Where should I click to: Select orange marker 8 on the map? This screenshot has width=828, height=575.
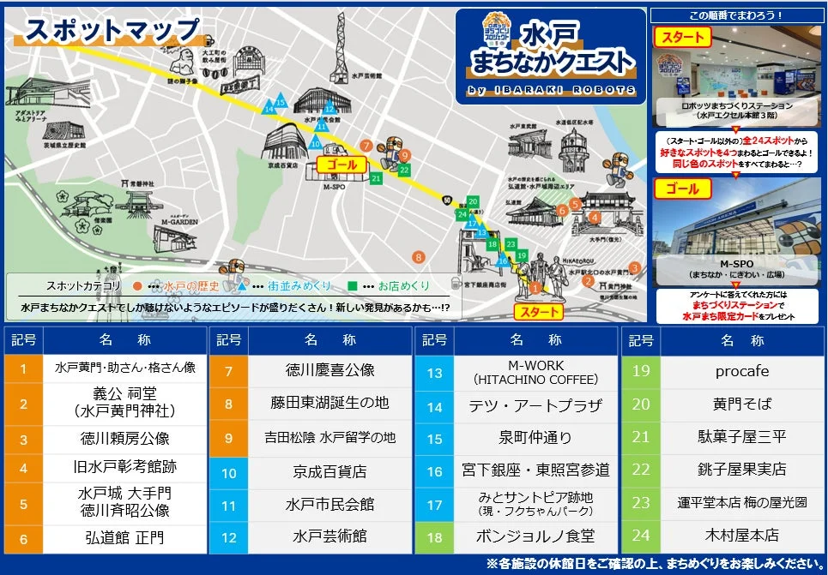419,256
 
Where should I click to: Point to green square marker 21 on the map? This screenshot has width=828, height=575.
376,178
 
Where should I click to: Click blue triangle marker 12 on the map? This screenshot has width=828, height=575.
329,108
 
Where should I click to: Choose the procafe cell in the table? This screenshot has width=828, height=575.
741,372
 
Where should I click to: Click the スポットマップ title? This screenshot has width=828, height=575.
112,31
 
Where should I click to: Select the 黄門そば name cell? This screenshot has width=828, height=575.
741,404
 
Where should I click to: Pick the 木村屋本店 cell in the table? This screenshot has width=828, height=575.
741,536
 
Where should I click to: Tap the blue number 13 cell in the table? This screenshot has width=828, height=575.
434,372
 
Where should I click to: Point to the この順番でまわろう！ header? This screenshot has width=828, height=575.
735,15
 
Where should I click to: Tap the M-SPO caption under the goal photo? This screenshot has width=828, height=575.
735,263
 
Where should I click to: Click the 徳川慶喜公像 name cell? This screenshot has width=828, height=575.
330,371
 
